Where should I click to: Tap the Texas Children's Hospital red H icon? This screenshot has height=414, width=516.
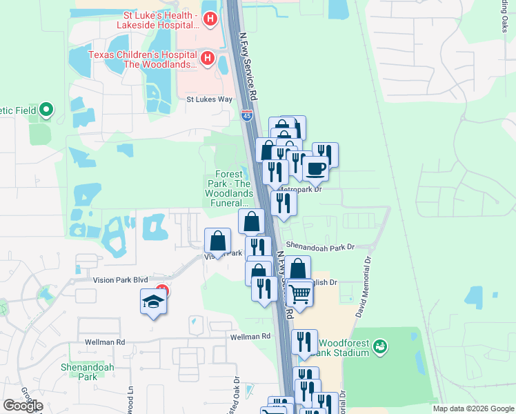tap(206, 57)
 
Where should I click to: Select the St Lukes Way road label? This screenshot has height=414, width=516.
tap(209, 99)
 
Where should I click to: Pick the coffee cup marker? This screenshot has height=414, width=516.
tap(316, 168)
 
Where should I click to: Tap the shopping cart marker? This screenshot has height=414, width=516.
tap(300, 294)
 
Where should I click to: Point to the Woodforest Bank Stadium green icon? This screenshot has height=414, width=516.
tap(380, 347)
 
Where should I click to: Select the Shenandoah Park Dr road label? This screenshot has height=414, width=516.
tap(319, 246)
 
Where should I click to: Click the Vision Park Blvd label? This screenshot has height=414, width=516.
tap(121, 280)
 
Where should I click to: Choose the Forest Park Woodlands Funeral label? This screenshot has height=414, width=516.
tap(232, 188)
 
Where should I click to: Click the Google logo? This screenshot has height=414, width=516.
tap(23, 406)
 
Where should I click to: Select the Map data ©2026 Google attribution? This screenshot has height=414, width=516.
tap(473, 408)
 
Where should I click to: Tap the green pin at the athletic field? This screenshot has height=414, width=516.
tap(46, 109)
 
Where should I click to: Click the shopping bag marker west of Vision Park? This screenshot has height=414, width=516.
tap(218, 241)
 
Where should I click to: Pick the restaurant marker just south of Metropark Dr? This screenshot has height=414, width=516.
tap(283, 203)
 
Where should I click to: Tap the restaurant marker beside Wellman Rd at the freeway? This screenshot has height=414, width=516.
tap(304, 341)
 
